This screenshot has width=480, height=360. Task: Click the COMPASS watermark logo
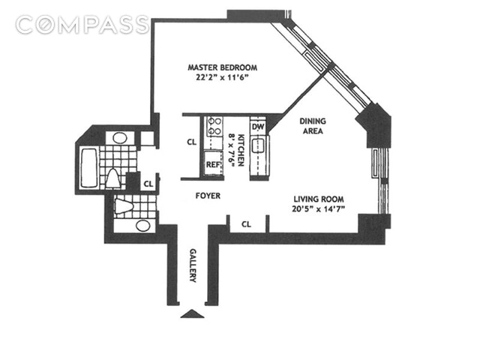pos(82,25)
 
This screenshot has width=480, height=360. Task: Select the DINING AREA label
pos(313,125)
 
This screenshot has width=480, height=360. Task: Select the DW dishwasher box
pos(258,127)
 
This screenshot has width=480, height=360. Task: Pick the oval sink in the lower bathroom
pos(142,226)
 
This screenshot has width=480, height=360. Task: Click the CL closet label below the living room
pos(246,224)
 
